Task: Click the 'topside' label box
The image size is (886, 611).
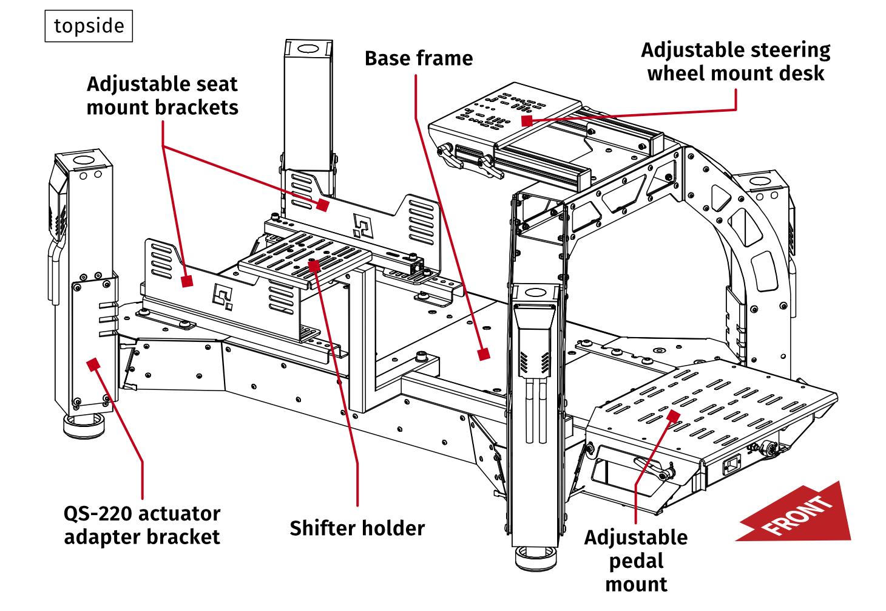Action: (x=89, y=26)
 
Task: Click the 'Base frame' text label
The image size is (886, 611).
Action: (x=419, y=58)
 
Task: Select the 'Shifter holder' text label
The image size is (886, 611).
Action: (x=357, y=528)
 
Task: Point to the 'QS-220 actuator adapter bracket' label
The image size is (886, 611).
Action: (x=142, y=525)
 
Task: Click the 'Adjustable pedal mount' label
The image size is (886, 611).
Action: (x=636, y=560)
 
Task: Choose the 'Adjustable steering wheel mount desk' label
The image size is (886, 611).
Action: (x=736, y=61)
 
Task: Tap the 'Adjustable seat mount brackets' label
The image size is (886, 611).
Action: (x=162, y=95)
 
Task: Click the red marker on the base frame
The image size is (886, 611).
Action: (x=484, y=354)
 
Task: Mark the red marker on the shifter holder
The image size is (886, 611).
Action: (x=314, y=265)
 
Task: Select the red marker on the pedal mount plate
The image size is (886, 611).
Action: (x=673, y=415)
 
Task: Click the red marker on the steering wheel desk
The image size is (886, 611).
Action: (x=527, y=121)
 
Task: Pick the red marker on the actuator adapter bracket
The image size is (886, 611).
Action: (x=93, y=364)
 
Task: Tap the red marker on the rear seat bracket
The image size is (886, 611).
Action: (x=323, y=205)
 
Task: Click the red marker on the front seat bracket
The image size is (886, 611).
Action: (x=187, y=281)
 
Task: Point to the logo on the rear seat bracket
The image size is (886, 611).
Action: (x=362, y=226)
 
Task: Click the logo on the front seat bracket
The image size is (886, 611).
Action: (x=222, y=296)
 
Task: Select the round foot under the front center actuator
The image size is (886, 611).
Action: (x=535, y=558)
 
